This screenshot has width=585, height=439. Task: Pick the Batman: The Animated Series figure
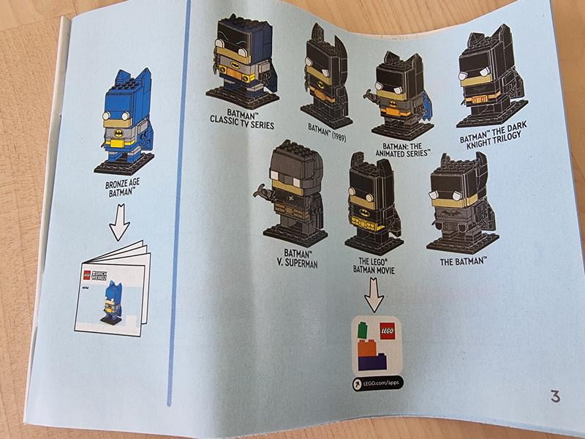coord(400,87)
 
